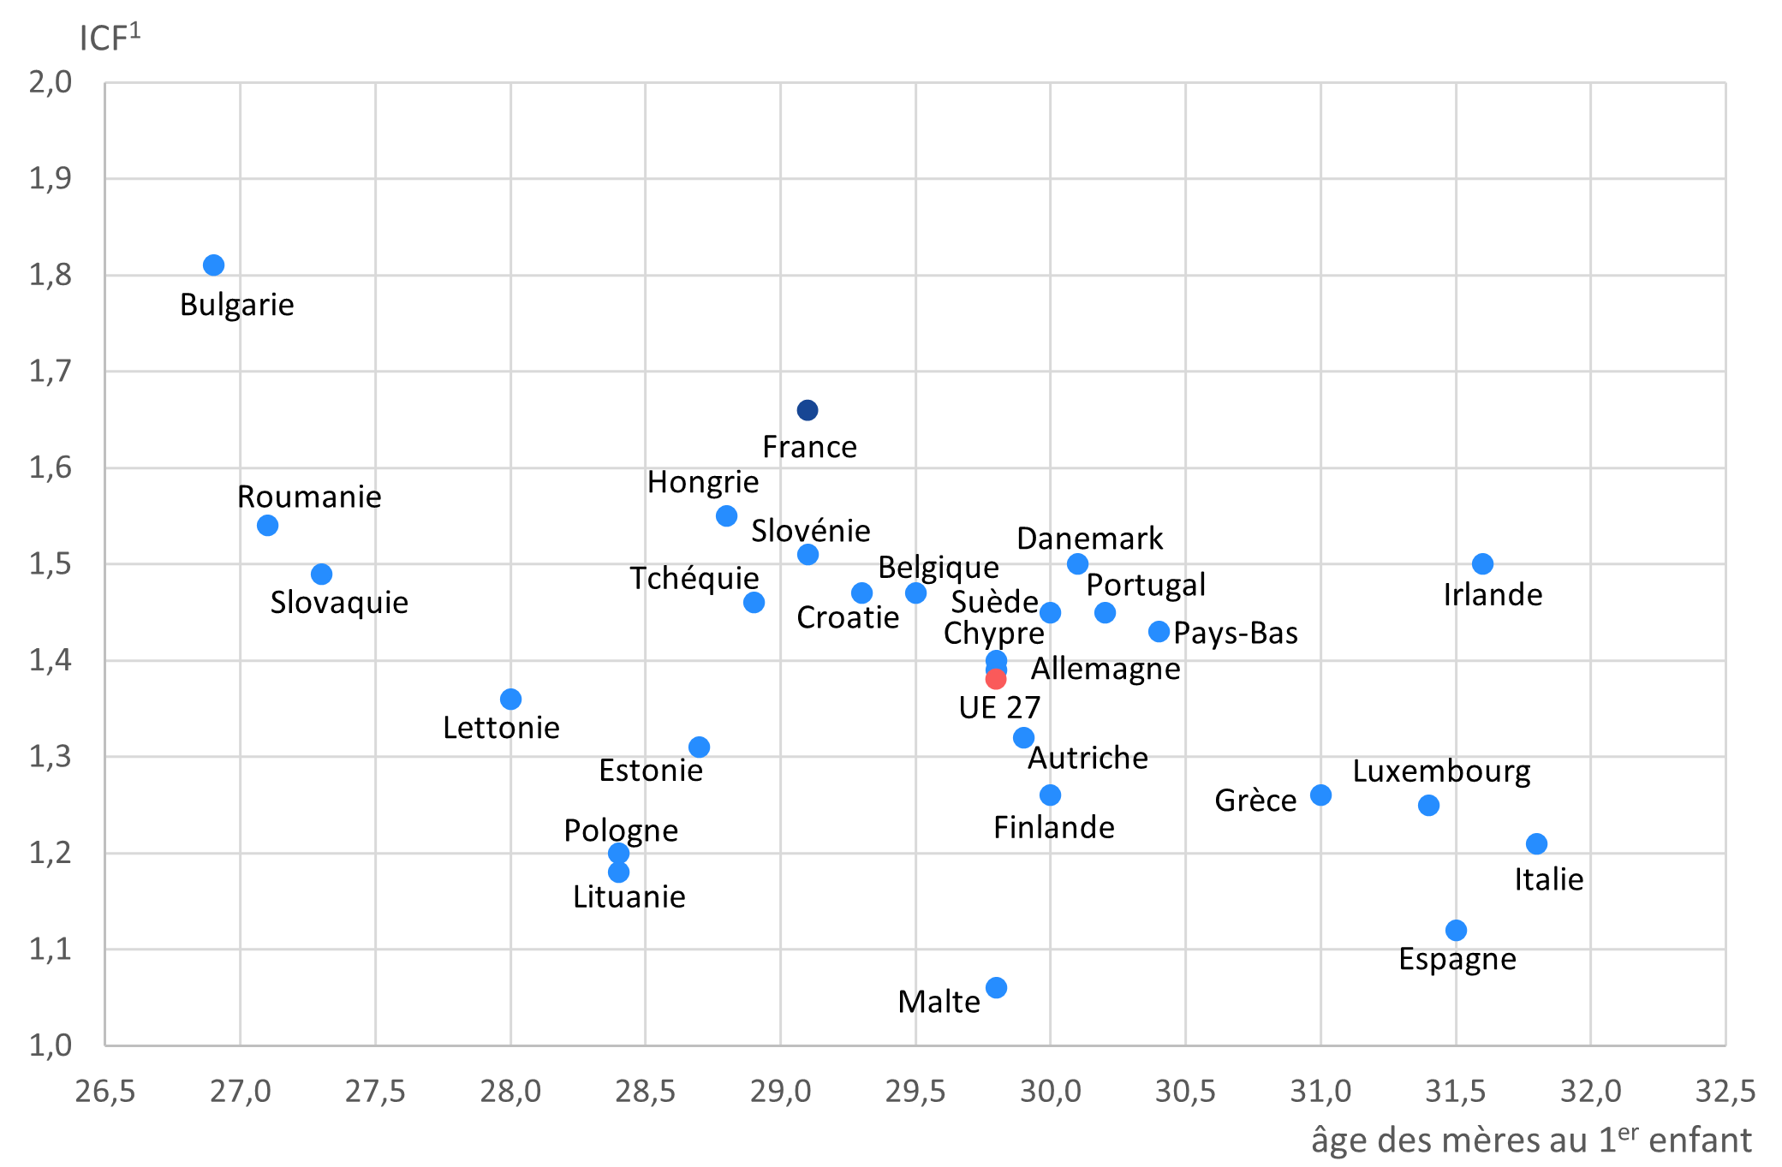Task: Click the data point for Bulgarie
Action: pos(213,265)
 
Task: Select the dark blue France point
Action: pos(808,410)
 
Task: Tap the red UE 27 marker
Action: pos(996,679)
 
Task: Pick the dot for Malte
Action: pos(996,987)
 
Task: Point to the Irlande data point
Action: pos(1482,563)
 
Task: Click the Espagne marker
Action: pos(1456,930)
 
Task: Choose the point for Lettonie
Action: pos(510,699)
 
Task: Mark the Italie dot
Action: pos(1536,843)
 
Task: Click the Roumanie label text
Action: pos(309,497)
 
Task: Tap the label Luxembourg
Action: pos(1441,771)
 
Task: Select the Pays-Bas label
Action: pos(1235,633)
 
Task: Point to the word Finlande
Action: pos(1053,827)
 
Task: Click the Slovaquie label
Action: pos(339,602)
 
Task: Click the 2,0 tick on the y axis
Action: pos(51,82)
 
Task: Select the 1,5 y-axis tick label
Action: pos(51,564)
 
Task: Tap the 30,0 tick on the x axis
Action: pos(1050,1091)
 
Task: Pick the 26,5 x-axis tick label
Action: pos(105,1091)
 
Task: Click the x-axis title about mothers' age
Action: pos(1530,1140)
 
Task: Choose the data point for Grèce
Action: pos(1320,795)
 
